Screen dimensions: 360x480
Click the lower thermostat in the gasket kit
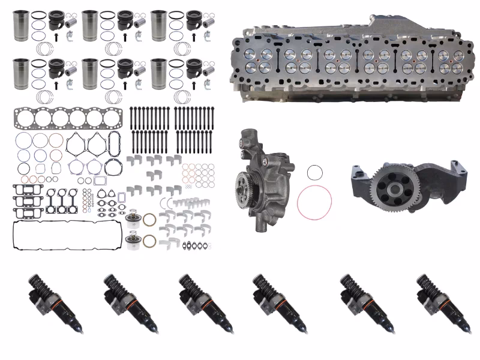[x=133, y=241]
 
